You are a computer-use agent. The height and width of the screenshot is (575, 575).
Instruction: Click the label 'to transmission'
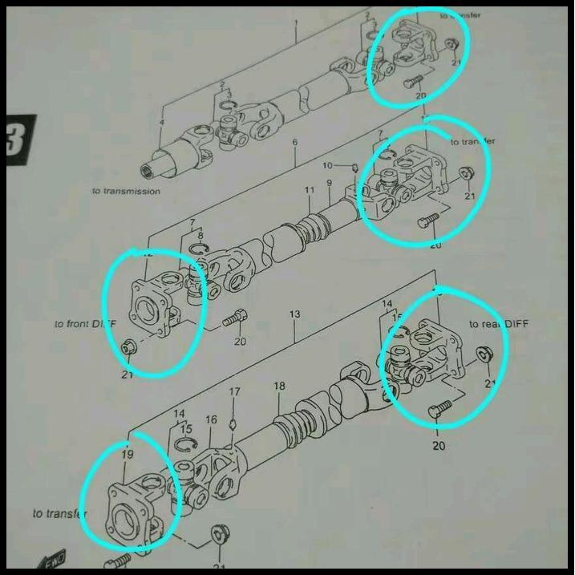click(126, 191)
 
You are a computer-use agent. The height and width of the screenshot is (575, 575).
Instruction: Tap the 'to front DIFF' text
click(85, 323)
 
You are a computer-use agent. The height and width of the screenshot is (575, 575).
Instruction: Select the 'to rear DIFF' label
click(500, 323)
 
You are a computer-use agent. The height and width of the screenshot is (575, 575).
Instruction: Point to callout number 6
click(294, 142)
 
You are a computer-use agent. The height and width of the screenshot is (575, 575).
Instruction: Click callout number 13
click(294, 314)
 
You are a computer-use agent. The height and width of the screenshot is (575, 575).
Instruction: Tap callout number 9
click(328, 184)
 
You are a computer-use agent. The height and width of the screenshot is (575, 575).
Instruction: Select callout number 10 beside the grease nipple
click(326, 165)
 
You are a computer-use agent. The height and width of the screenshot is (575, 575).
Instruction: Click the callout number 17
click(234, 391)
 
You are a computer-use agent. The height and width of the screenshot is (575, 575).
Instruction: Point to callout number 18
click(279, 387)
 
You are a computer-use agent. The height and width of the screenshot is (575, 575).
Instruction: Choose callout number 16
click(211, 419)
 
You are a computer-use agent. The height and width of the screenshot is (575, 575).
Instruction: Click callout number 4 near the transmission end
click(161, 122)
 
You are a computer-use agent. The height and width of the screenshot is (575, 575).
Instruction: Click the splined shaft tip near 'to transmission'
click(150, 169)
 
